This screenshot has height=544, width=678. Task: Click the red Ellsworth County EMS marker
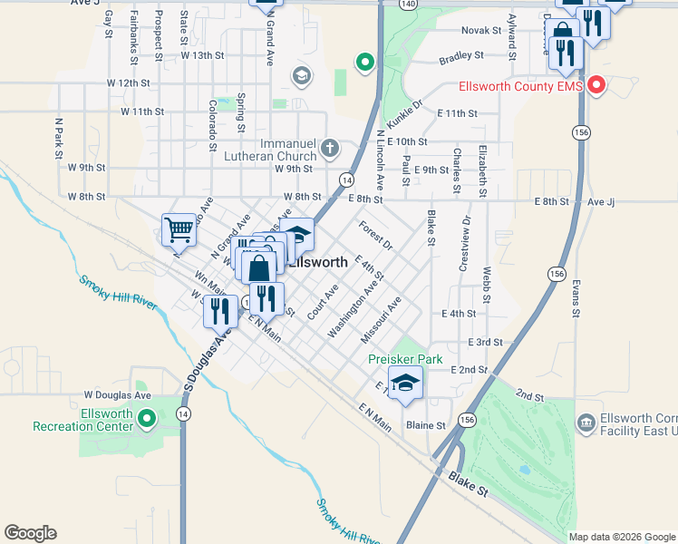pos(596,86)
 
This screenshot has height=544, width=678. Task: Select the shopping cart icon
pos(179,229)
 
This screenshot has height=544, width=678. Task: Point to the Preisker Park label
pos(405,359)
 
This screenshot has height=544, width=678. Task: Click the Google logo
pos(30,533)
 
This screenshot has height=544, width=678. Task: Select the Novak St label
pos(481,30)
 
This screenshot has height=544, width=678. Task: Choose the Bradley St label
pos(461,57)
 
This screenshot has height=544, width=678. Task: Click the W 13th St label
pos(201,55)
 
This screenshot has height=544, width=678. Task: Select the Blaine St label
pos(425,425)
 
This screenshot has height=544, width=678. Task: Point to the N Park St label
pos(58,138)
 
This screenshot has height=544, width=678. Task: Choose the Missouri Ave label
pos(381,319)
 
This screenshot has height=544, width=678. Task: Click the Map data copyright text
pos(621,537)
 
